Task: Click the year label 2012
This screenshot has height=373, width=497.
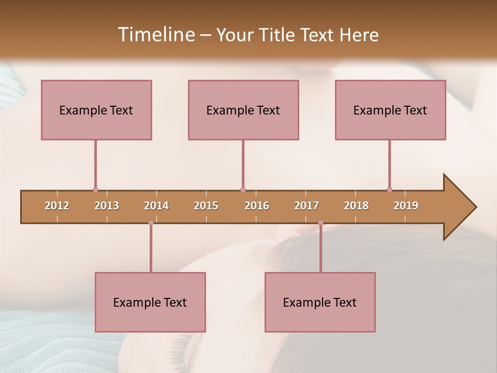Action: tap(57, 206)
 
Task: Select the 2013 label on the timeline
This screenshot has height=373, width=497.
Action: tap(107, 206)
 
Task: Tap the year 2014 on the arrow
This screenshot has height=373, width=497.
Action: tap(156, 206)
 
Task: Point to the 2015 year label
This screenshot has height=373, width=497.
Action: tap(206, 206)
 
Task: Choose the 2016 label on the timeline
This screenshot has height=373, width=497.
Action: tap(257, 206)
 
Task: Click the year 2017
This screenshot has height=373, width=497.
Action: tap(306, 206)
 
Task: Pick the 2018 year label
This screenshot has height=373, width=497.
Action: tap(356, 206)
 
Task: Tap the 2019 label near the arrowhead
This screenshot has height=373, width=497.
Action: tap(406, 206)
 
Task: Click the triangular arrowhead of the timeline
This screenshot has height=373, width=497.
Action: tap(458, 207)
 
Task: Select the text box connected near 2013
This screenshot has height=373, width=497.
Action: tap(96, 110)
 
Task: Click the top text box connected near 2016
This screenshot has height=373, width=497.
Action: tap(243, 110)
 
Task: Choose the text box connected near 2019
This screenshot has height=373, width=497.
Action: tap(390, 110)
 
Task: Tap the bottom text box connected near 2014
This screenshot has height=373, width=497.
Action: tap(150, 302)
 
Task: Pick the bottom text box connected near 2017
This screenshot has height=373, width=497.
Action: tap(320, 302)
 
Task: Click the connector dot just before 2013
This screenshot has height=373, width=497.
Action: tap(95, 190)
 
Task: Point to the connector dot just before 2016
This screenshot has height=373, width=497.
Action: tap(243, 190)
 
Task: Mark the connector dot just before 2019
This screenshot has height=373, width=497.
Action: tap(389, 190)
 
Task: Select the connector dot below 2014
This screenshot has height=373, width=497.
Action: tap(151, 223)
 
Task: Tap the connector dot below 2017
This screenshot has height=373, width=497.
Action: tap(320, 223)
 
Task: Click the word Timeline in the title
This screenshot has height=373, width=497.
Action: tap(155, 34)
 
